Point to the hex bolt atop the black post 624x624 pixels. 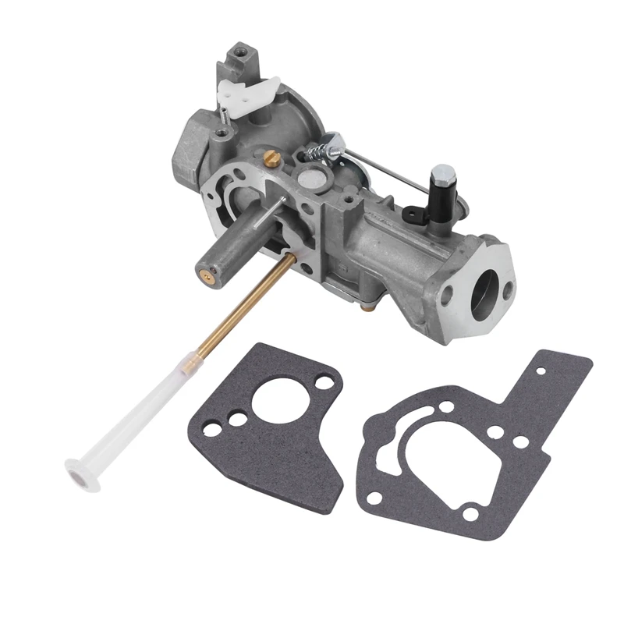443,174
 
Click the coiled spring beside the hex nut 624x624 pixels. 317,148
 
